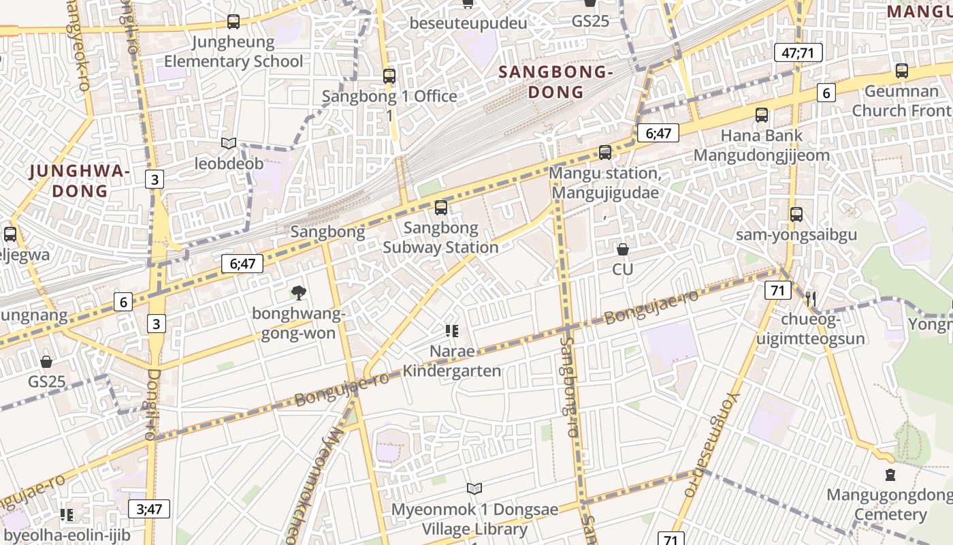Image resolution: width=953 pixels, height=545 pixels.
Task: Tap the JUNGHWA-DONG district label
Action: tap(80, 181)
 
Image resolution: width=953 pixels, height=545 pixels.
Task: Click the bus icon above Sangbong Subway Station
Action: tap(441, 208)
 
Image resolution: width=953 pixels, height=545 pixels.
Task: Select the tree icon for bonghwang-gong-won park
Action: tap(298, 293)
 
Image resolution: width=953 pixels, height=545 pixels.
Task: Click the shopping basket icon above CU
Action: tap(622, 249)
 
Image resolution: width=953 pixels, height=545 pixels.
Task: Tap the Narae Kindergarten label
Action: tap(451, 361)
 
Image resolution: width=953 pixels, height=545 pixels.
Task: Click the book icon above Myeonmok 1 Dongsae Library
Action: tap(474, 488)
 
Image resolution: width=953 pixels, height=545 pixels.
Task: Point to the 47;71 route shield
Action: tap(798, 52)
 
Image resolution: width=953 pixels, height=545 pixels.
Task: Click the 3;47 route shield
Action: tap(149, 508)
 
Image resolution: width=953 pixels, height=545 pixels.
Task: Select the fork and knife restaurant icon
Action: tap(810, 298)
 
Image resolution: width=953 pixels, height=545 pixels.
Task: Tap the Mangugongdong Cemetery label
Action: tap(890, 505)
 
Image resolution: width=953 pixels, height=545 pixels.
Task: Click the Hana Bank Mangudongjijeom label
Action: tap(761, 145)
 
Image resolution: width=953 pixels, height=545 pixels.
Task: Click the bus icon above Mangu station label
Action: tap(605, 152)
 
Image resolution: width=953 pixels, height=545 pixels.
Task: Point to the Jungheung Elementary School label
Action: tap(233, 52)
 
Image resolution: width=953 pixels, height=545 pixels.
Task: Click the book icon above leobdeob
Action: tap(229, 143)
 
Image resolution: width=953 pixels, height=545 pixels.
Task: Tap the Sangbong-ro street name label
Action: tap(568, 388)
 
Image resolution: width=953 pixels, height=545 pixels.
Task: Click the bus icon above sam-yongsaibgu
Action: tap(796, 215)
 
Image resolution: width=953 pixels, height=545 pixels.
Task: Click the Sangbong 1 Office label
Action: tap(389, 96)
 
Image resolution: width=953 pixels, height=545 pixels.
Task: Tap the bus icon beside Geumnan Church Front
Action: tap(902, 70)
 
